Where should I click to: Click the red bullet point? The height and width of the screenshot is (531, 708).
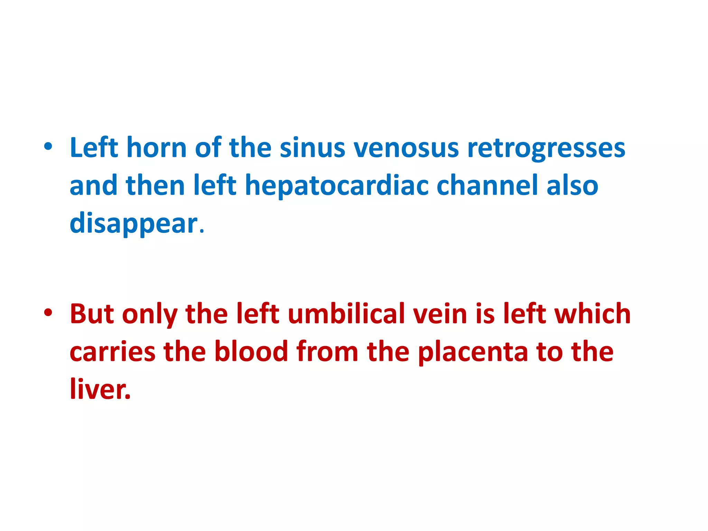click(x=48, y=313)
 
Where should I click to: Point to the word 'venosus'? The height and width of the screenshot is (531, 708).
click(x=406, y=148)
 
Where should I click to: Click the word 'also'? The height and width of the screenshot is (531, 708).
click(x=572, y=185)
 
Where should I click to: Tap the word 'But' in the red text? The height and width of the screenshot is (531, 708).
click(x=92, y=314)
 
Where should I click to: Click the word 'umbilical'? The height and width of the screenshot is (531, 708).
click(x=346, y=314)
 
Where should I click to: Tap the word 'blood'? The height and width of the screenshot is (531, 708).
click(x=251, y=352)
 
